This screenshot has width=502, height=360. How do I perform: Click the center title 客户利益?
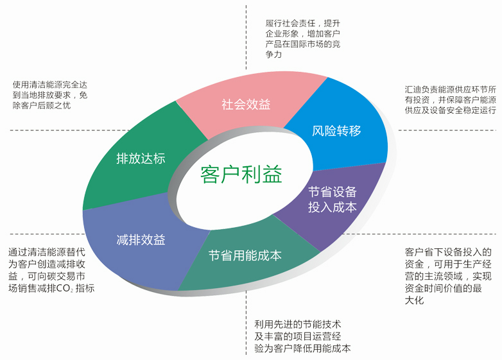point(241,174)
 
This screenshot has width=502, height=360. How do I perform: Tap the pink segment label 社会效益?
point(246,104)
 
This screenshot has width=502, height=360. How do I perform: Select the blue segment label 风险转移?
point(336,131)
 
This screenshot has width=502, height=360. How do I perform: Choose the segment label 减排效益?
point(141,240)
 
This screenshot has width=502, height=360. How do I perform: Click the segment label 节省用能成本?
point(245,255)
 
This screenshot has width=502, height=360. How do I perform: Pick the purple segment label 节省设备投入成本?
point(332,200)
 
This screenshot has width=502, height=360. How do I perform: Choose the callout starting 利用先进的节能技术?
point(302,337)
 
